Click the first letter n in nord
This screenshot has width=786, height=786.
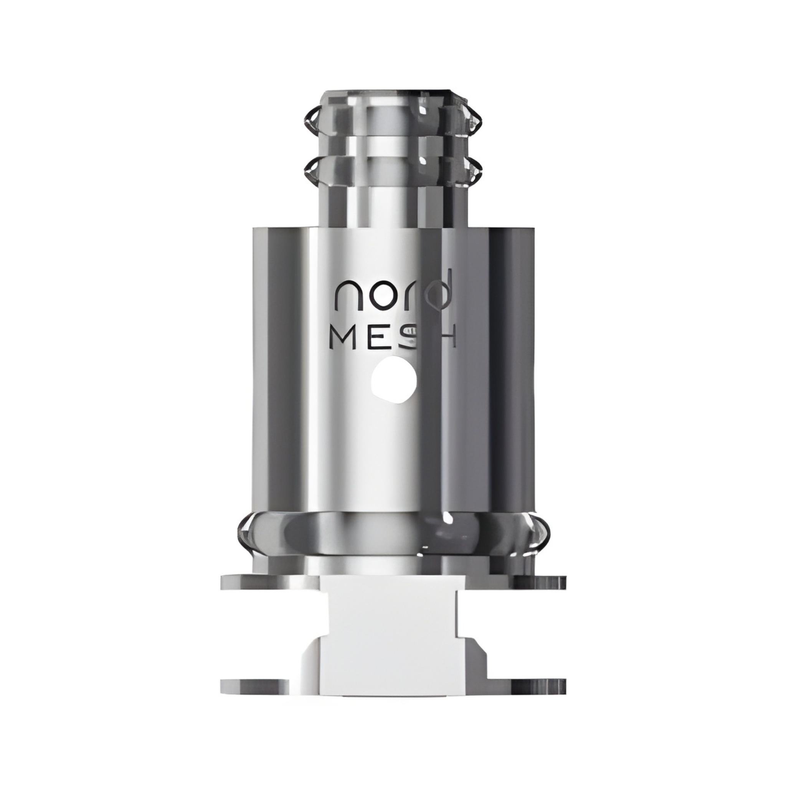pyautogui.click(x=344, y=296)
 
